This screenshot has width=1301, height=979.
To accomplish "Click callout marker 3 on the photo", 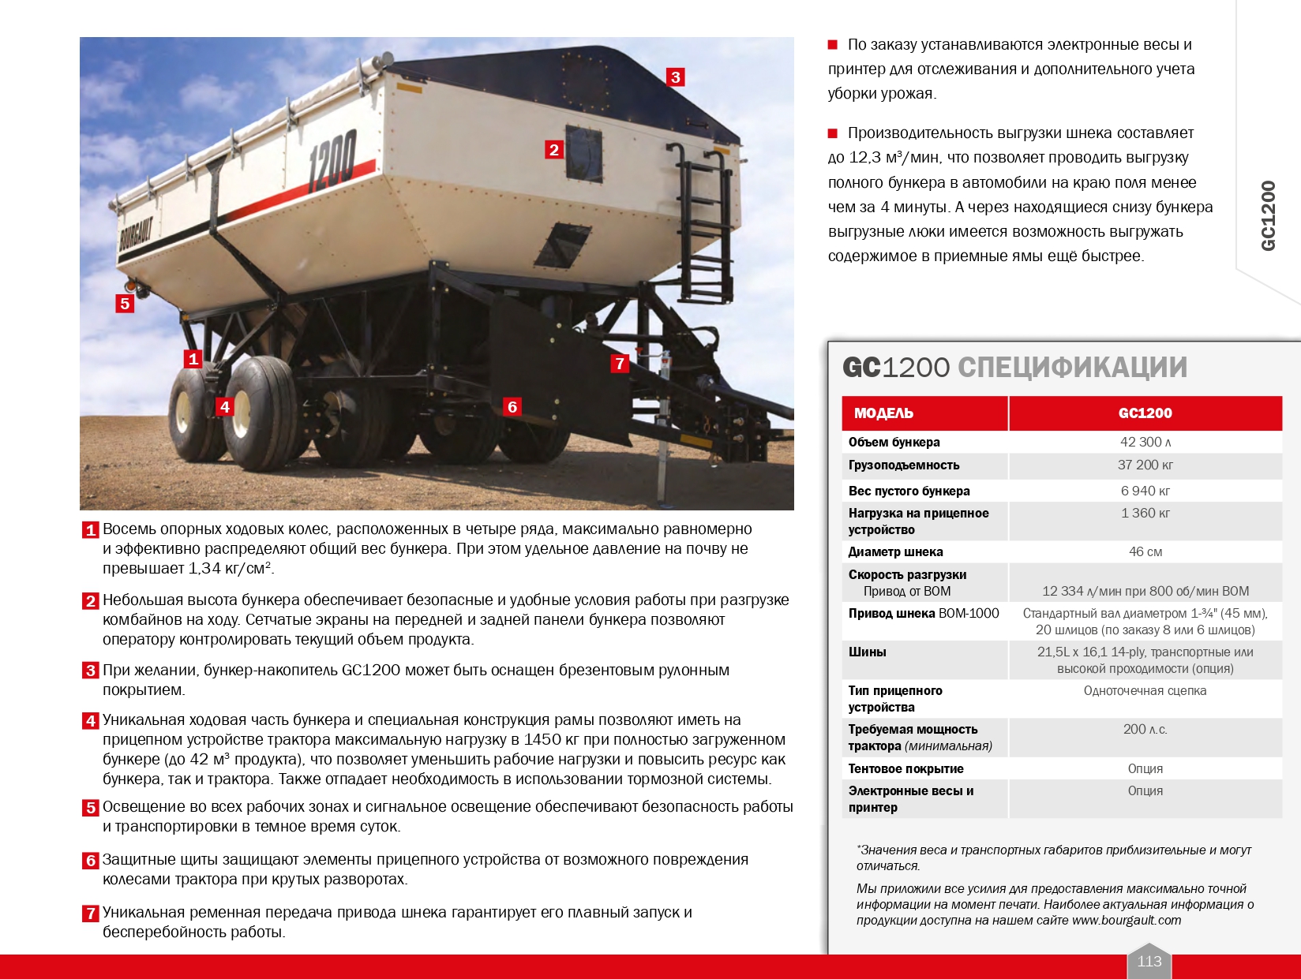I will (x=675, y=77).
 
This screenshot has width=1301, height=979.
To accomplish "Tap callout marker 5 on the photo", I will (x=125, y=304).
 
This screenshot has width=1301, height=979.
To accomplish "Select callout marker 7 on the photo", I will (x=620, y=364).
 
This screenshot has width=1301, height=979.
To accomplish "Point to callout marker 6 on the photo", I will (x=512, y=407).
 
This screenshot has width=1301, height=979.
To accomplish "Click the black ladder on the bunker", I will (x=705, y=221).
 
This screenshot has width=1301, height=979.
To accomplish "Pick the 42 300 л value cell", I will (x=1145, y=443).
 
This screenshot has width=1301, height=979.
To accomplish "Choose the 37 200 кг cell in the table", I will (x=1145, y=465).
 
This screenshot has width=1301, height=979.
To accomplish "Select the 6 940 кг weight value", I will (x=1145, y=491).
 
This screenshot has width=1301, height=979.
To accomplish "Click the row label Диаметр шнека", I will (x=895, y=552).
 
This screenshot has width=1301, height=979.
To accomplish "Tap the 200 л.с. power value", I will (x=1145, y=730).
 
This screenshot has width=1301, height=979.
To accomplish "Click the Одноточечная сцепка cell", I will (x=1145, y=691).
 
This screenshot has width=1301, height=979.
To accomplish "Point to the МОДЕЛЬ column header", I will (x=883, y=413).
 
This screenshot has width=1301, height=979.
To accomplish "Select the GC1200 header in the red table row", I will (x=1145, y=413).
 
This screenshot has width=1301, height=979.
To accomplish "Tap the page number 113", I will (x=1149, y=961).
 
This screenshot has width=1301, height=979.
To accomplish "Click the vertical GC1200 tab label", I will (x=1269, y=216).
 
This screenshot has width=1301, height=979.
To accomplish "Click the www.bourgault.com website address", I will (x=1127, y=921).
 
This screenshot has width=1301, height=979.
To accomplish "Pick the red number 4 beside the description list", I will (x=91, y=721).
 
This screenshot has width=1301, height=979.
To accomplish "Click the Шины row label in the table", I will (x=868, y=652).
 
